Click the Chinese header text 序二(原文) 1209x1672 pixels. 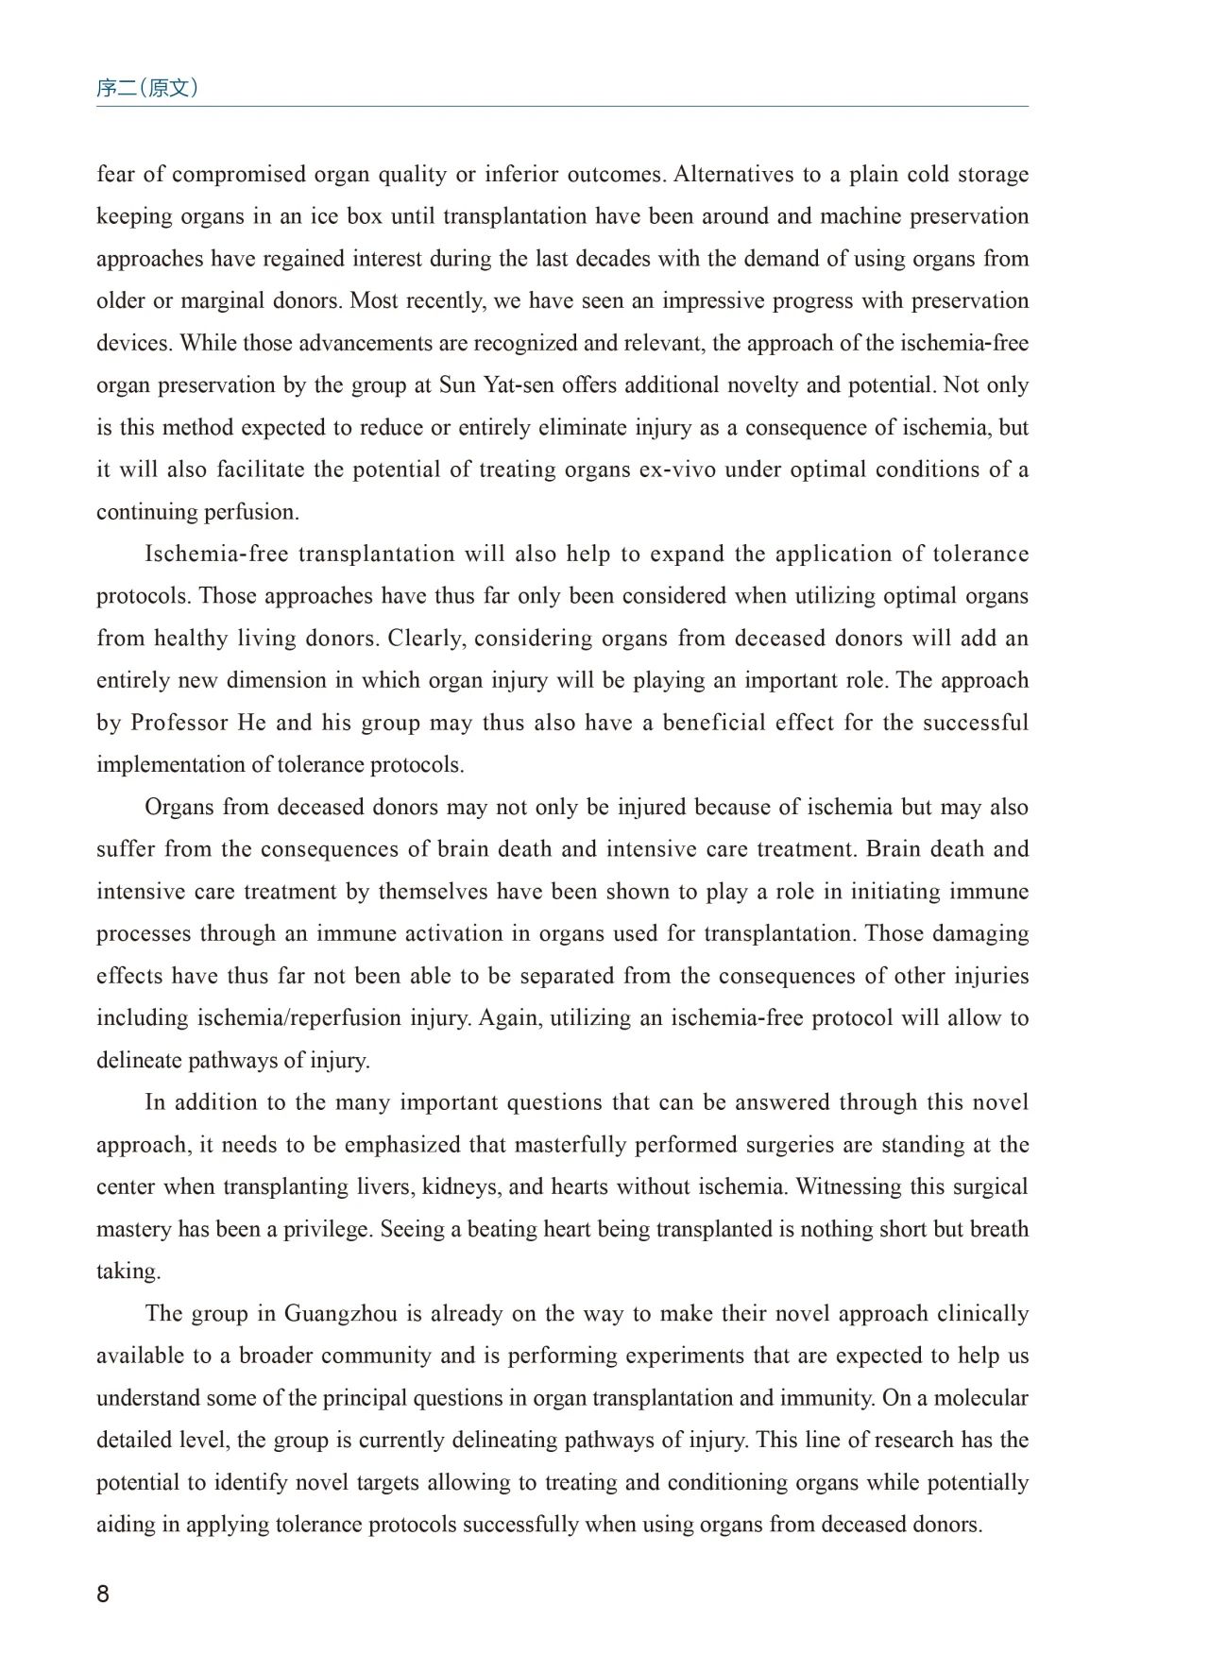point(147,89)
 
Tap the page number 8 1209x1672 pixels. point(103,1595)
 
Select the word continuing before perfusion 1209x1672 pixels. point(151,513)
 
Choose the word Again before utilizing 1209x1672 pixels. point(510,1018)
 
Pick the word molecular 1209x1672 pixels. point(981,1398)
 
